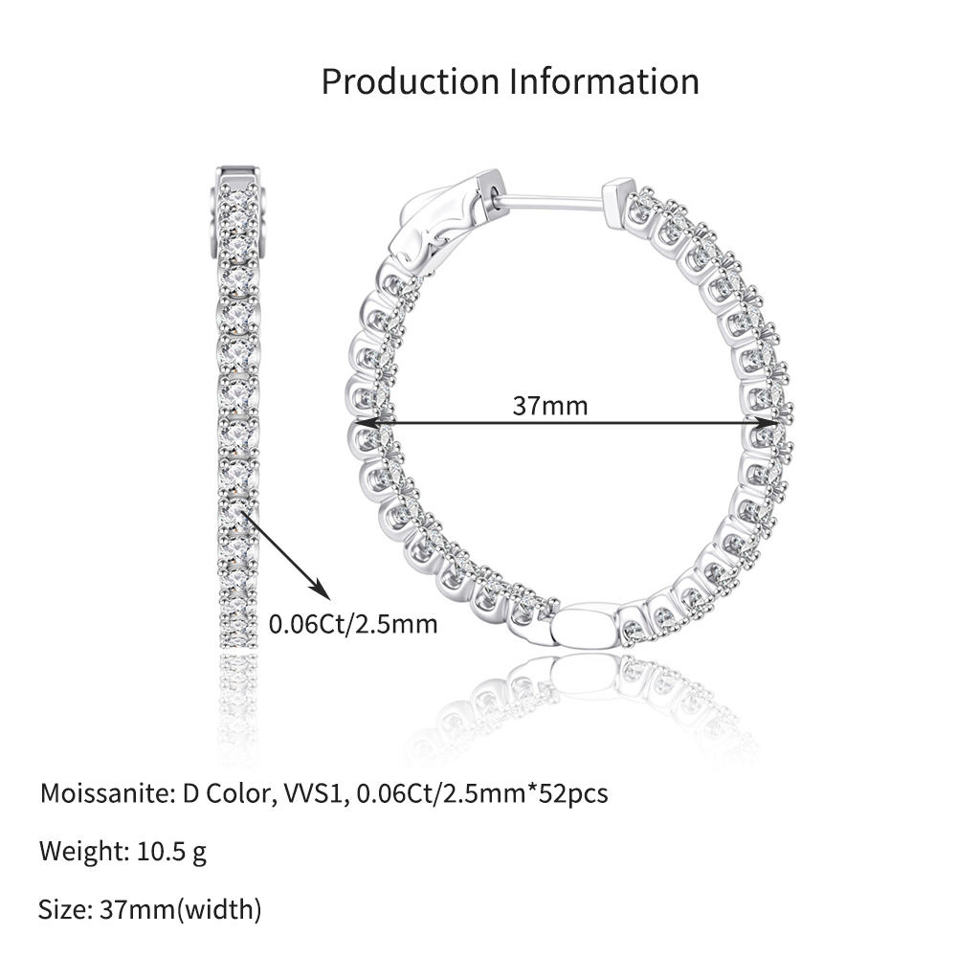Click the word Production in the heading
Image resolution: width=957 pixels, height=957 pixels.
point(411,81)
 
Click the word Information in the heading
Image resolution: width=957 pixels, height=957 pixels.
point(604,81)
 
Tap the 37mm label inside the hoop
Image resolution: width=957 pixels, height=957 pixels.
point(550,406)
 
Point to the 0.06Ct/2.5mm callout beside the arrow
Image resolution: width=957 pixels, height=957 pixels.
point(353,624)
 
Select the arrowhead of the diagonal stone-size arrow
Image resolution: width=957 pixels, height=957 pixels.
point(321,590)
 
